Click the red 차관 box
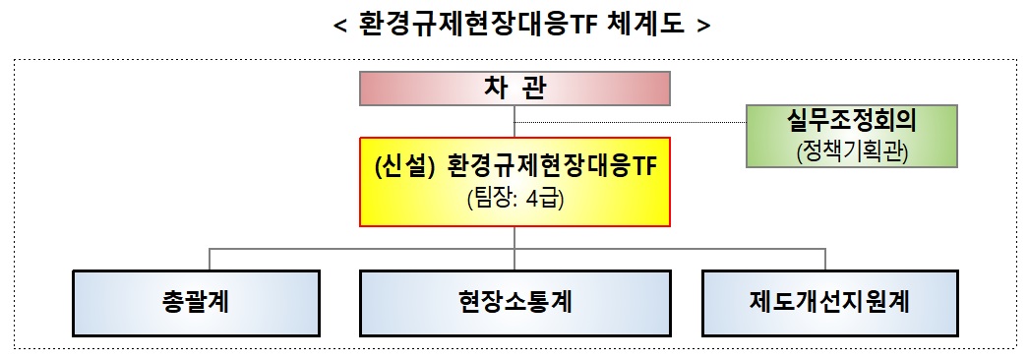point(514,89)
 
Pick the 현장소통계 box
point(514,301)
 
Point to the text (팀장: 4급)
point(514,198)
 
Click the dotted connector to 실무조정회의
point(630,122)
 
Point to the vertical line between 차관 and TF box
point(514,120)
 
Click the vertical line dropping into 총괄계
point(209,258)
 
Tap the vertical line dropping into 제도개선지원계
point(824,258)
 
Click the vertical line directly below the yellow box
point(514,237)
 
